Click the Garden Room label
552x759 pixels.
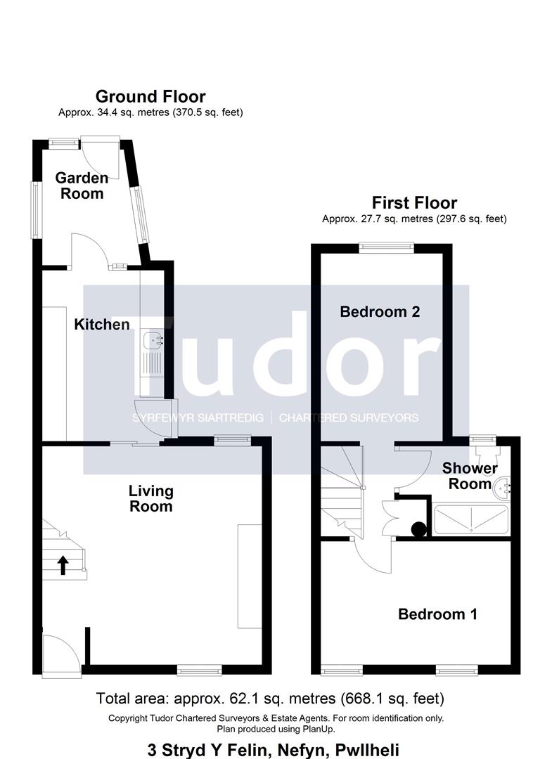[82, 186]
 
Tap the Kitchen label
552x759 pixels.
[102, 324]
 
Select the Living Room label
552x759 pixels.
[150, 498]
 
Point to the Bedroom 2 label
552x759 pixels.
[380, 311]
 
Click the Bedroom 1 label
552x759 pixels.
[437, 614]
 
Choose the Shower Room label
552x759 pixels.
[470, 476]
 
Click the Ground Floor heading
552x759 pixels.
[150, 96]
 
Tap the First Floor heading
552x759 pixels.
[414, 202]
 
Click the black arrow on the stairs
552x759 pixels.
[63, 565]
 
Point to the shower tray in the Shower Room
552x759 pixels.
[471, 520]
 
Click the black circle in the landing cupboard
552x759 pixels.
[419, 529]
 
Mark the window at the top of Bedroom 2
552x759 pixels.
[387, 247]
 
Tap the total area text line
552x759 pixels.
[270, 699]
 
